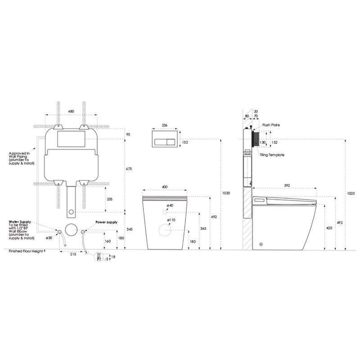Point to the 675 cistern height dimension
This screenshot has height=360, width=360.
tap(129, 169)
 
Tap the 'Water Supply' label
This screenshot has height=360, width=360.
tap(19, 221)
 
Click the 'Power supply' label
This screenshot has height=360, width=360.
tap(106, 222)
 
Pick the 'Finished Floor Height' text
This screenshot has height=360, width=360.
tap(26, 251)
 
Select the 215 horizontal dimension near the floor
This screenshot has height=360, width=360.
tap(72, 254)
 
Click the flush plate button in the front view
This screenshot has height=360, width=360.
tap(165, 143)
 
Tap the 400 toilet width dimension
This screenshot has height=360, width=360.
tap(165, 187)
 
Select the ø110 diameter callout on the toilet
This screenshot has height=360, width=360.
tap(171, 220)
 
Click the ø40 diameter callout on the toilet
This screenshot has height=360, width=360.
tap(171, 206)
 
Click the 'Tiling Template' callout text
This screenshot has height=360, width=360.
tap(272, 155)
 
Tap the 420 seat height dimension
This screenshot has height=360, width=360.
tap(329, 228)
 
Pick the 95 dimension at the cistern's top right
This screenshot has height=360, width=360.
tap(128, 134)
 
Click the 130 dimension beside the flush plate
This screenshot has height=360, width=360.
tap(262, 143)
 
